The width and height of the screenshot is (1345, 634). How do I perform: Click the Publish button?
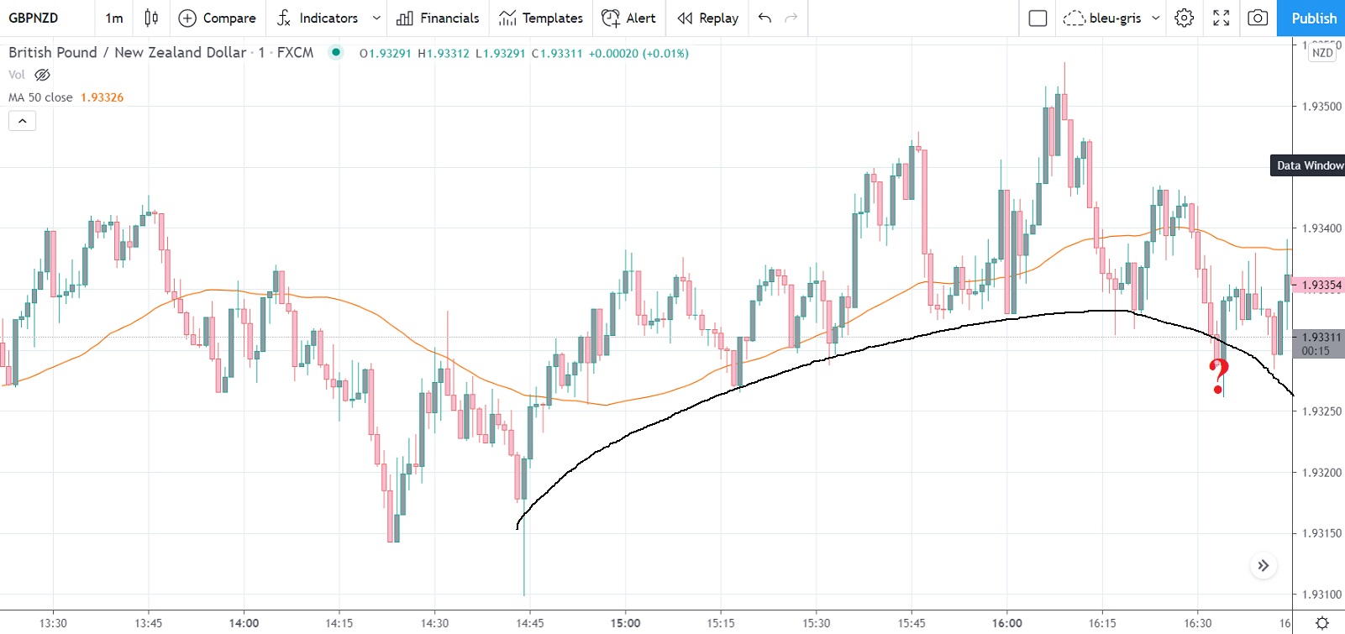1313,18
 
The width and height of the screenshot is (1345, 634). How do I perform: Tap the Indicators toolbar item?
328,18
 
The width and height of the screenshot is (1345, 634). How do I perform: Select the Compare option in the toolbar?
217,18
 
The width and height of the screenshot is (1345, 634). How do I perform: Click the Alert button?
628,18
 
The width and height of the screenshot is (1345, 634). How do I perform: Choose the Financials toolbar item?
438,18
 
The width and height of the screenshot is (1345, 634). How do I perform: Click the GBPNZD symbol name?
34,18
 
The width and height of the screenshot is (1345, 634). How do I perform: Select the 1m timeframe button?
114,18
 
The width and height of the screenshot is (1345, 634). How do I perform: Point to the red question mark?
1219,375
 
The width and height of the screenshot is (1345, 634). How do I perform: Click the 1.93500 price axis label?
1321,107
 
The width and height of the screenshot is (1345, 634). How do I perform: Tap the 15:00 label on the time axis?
625,623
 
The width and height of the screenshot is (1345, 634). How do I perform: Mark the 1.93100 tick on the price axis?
1321,595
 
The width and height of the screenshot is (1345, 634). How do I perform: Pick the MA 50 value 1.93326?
102,97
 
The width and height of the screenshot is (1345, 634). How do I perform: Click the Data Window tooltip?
1309,165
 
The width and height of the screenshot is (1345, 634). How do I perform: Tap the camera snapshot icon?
1258,18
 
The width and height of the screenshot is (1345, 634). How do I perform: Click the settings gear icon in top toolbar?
1184,18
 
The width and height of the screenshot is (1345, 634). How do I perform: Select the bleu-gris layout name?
1114,18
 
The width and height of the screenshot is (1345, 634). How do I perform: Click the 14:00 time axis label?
244,623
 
